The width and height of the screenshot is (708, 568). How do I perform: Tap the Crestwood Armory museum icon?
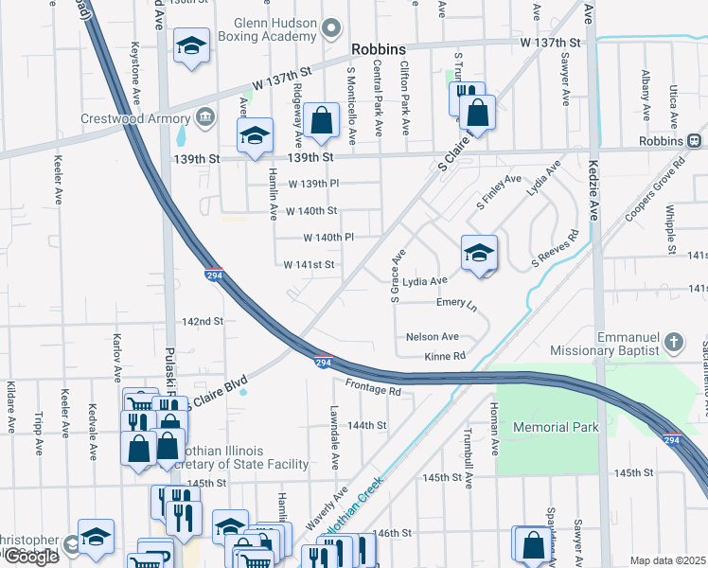[205, 117]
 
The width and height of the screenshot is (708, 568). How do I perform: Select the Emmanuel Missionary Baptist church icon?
[673, 341]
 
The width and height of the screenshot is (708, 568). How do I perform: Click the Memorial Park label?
[556, 427]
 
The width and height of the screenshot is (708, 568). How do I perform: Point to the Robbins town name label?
[378, 50]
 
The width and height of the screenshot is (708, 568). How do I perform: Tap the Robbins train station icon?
[695, 140]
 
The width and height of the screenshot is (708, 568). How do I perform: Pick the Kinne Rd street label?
[446, 357]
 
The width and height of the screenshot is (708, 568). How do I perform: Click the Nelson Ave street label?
[432, 336]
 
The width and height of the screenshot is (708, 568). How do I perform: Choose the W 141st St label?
[310, 265]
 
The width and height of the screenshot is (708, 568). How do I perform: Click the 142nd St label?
[203, 322]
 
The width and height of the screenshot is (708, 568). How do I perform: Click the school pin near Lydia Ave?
[480, 253]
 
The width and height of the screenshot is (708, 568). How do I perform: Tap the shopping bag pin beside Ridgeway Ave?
[322, 121]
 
